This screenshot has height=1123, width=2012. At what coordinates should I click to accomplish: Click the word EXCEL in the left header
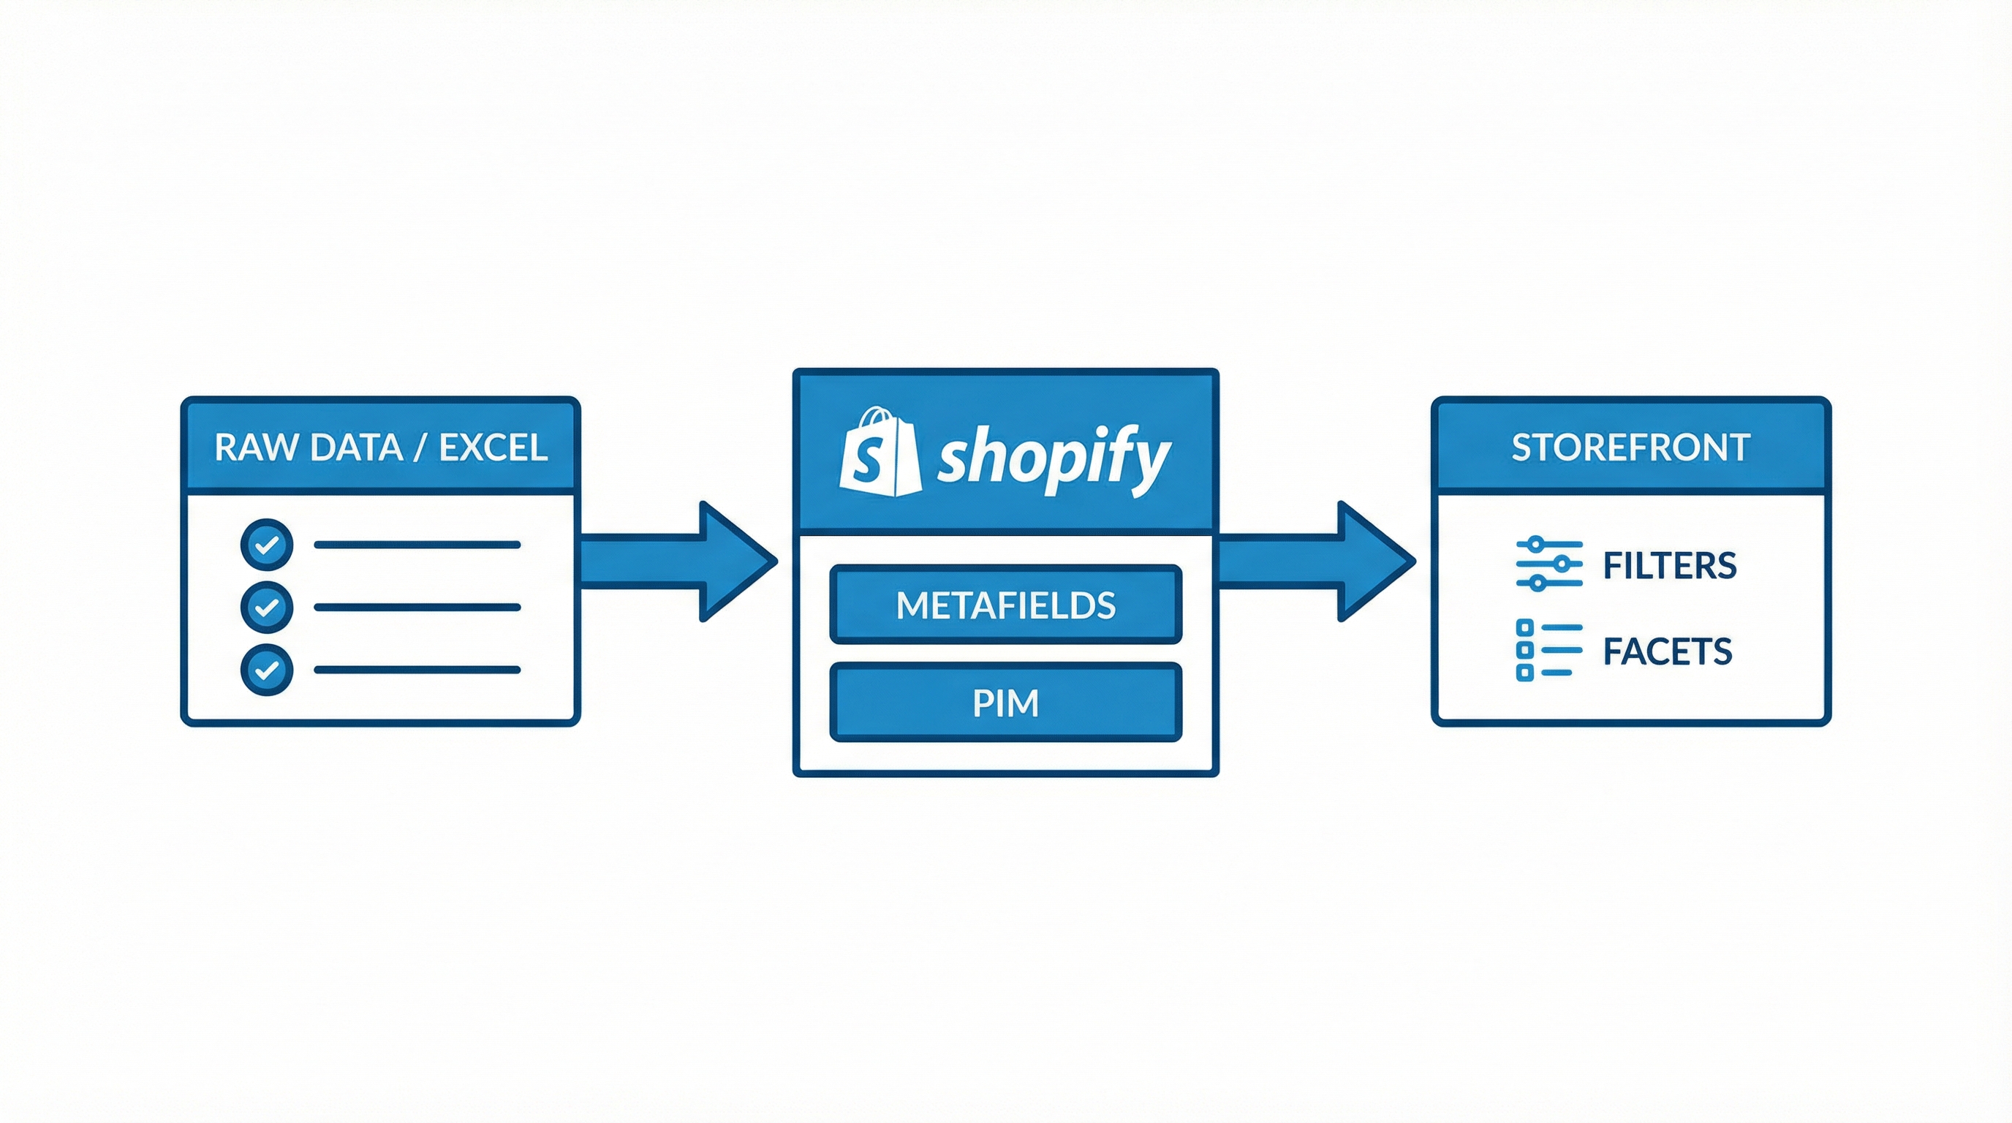click(x=493, y=447)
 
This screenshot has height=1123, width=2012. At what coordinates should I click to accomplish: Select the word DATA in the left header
click(x=355, y=447)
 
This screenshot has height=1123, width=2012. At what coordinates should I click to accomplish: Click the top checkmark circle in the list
click(x=267, y=545)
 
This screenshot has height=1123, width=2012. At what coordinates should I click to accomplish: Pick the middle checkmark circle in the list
click(x=267, y=607)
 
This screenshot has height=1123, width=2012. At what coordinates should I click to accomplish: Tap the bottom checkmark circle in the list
click(x=267, y=669)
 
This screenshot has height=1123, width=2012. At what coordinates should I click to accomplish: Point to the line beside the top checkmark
click(x=417, y=545)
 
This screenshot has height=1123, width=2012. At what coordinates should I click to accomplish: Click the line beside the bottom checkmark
click(x=417, y=669)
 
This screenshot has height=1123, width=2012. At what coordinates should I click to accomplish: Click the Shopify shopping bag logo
click(x=880, y=453)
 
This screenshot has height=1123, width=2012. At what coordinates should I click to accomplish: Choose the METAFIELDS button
click(x=1005, y=605)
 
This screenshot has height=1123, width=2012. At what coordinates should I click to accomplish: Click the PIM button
click(x=1005, y=703)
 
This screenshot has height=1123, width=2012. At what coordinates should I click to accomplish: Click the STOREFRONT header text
click(x=1630, y=447)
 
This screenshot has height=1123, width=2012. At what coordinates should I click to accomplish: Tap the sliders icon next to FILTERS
click(x=1548, y=564)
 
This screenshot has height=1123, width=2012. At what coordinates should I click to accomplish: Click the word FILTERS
click(x=1669, y=565)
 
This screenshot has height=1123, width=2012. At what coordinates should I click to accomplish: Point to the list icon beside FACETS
click(x=1547, y=650)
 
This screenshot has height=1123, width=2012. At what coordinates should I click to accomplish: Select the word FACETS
click(x=1667, y=651)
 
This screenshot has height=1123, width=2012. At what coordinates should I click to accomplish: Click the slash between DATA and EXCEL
click(x=421, y=447)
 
